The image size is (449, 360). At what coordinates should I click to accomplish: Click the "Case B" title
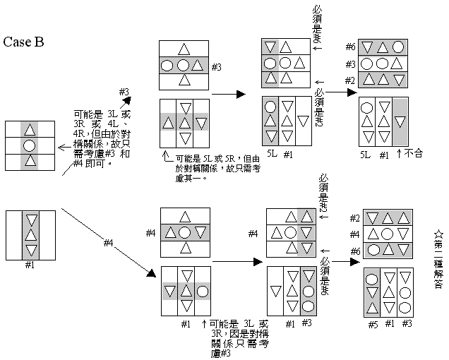pyautogui.click(x=24, y=42)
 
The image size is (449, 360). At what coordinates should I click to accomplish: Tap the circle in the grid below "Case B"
pyautogui.click(x=30, y=146)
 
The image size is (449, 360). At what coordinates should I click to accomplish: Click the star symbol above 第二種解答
pyautogui.click(x=438, y=232)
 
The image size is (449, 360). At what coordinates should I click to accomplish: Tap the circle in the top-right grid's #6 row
pyautogui.click(x=399, y=48)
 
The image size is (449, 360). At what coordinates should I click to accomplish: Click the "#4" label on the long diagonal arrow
pyautogui.click(x=108, y=243)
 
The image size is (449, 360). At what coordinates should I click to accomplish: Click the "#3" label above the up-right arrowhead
pyautogui.click(x=123, y=92)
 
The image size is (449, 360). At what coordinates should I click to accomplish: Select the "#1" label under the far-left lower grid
pyautogui.click(x=30, y=266)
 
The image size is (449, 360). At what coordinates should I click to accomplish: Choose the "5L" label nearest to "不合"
pyautogui.click(x=365, y=153)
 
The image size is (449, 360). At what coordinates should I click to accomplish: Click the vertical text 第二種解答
pyautogui.click(x=438, y=260)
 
